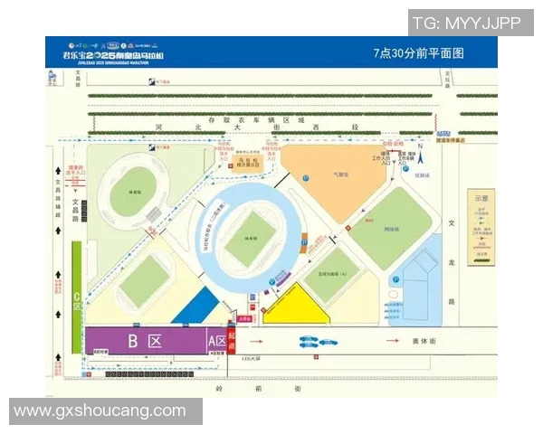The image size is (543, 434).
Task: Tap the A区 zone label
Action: point(217,341)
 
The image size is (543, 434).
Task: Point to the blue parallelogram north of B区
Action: point(195,308)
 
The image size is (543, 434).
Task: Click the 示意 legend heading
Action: point(480,198)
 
